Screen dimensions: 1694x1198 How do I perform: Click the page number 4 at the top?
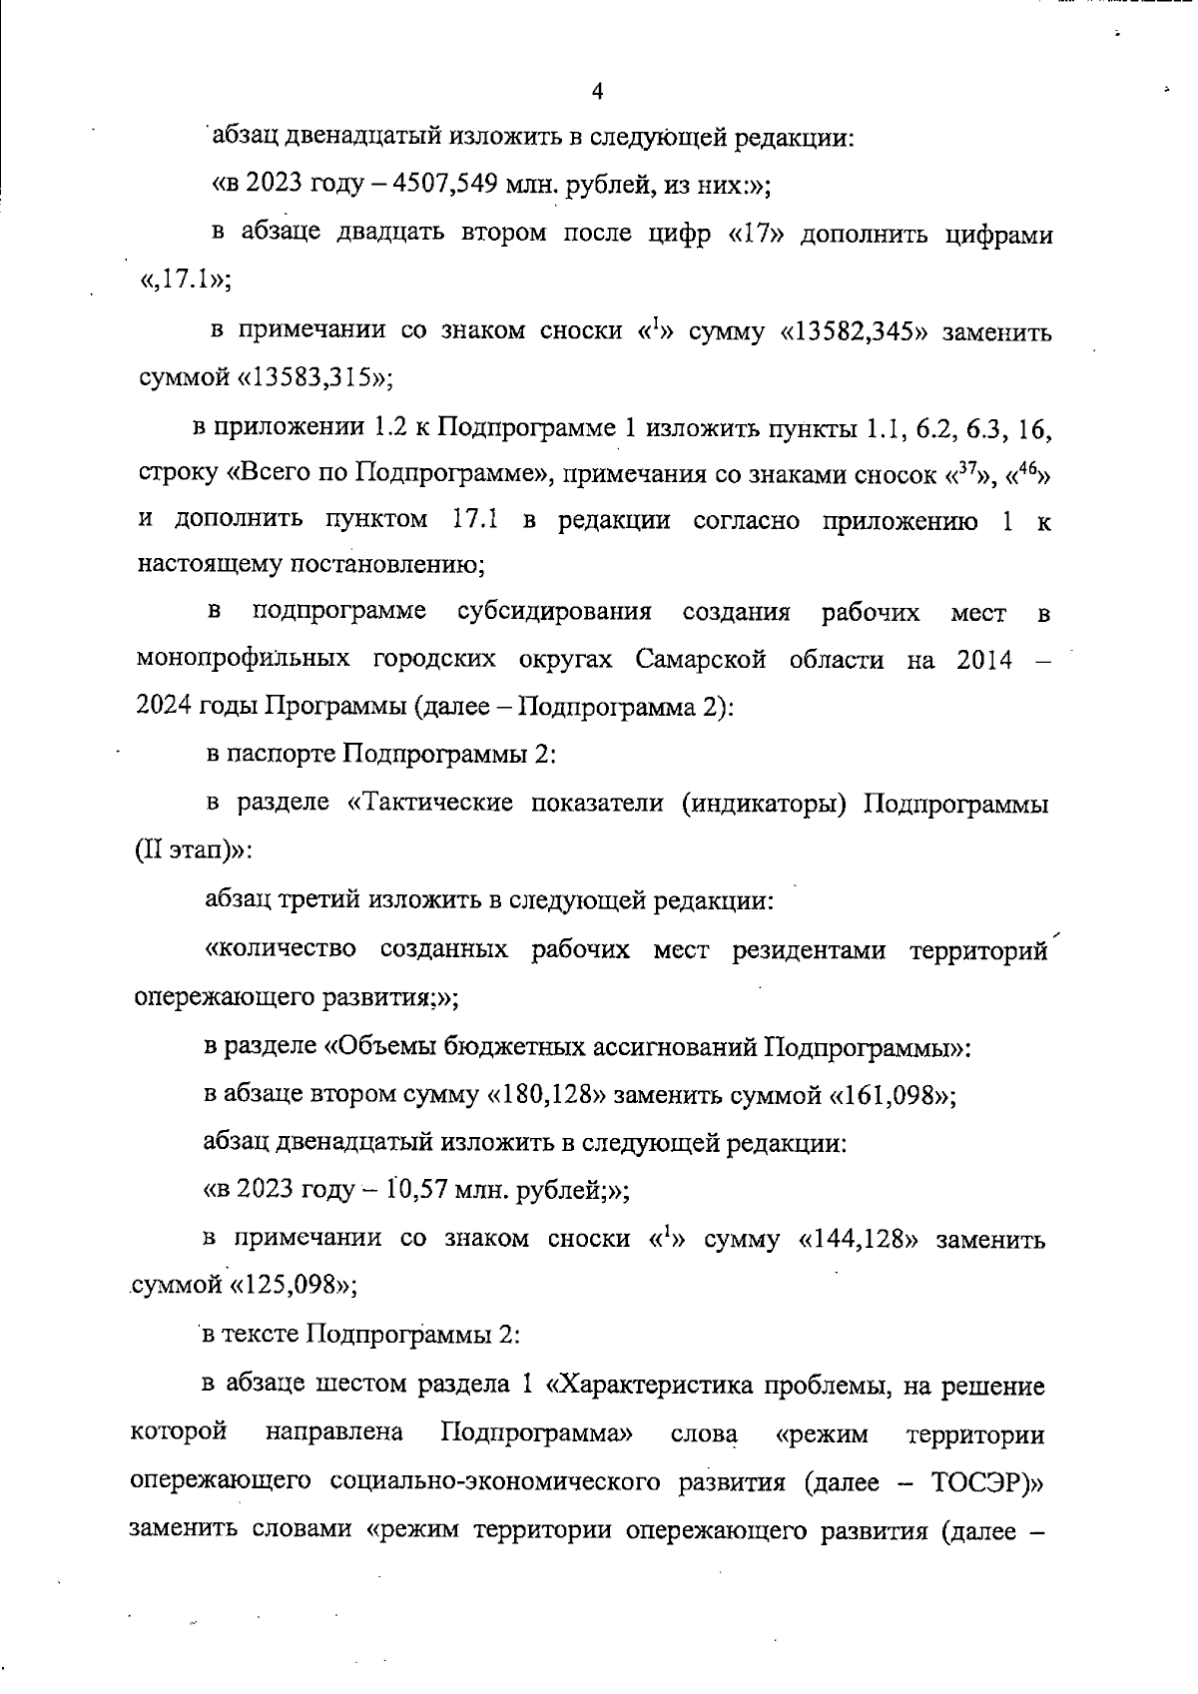(x=597, y=92)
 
